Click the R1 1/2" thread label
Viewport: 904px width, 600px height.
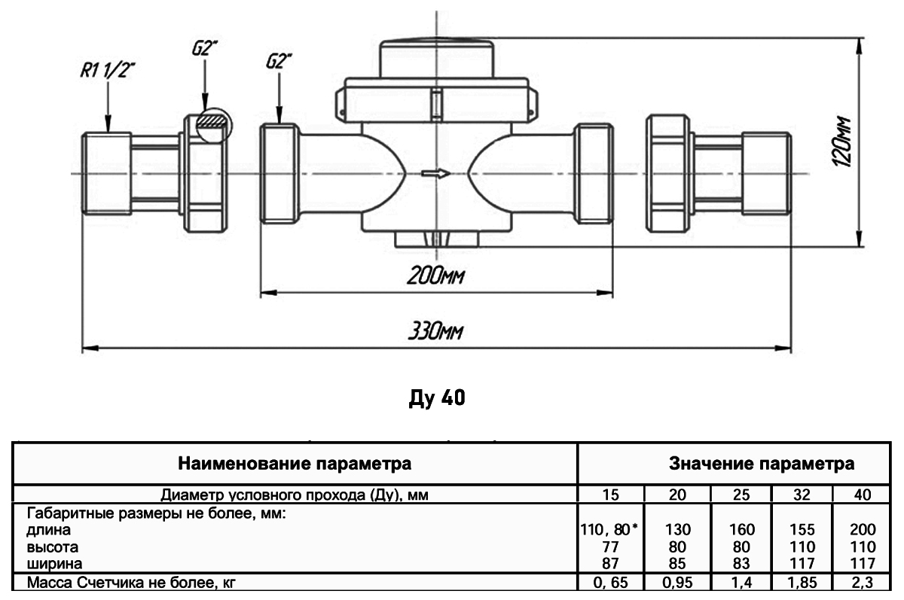pyautogui.click(x=108, y=72)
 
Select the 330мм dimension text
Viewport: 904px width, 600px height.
pyautogui.click(x=435, y=331)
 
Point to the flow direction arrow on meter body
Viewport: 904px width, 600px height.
pyautogui.click(x=435, y=174)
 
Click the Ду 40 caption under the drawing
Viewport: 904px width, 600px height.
pyautogui.click(x=437, y=397)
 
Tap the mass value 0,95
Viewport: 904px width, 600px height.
pyautogui.click(x=677, y=583)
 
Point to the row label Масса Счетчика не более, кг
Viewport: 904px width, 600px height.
pyautogui.click(x=136, y=583)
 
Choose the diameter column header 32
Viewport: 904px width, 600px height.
pyautogui.click(x=802, y=495)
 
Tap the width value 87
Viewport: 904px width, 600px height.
pyautogui.click(x=611, y=562)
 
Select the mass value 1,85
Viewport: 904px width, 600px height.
pyautogui.click(x=802, y=583)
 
